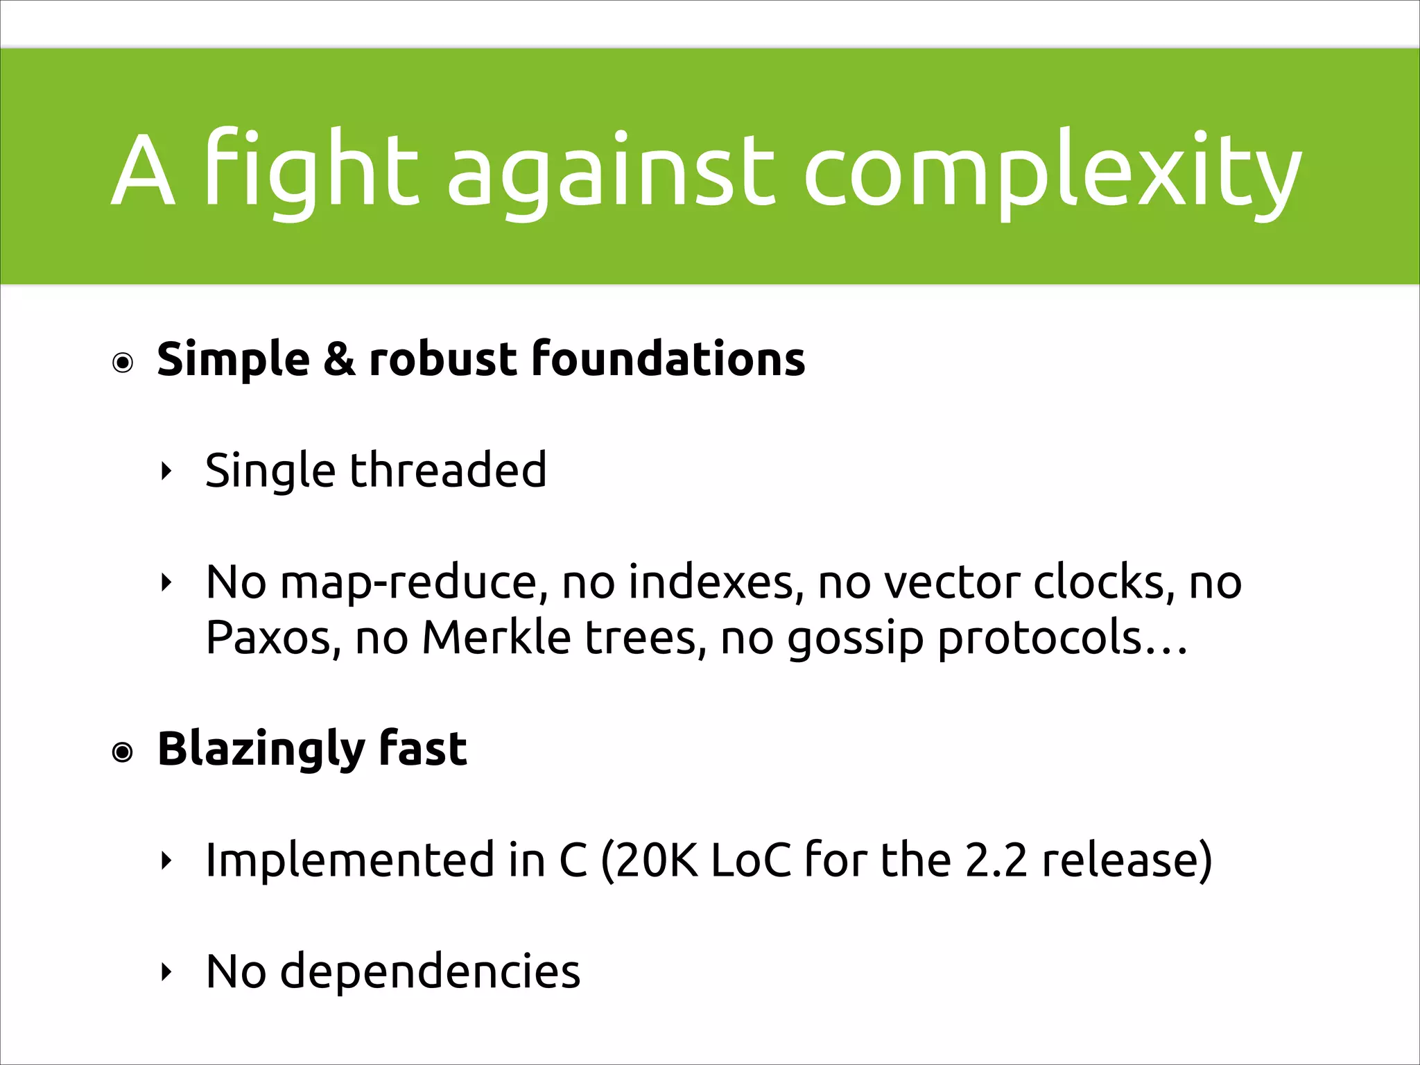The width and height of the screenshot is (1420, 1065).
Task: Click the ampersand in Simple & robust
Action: click(x=339, y=359)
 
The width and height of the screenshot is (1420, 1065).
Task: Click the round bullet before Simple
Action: click(x=123, y=363)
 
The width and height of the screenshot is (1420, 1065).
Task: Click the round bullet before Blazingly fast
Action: click(x=123, y=752)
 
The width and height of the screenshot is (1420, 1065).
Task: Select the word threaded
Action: click(x=448, y=470)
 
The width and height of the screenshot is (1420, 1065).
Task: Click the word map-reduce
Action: click(x=408, y=582)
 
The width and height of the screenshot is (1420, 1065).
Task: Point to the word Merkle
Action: click(x=496, y=637)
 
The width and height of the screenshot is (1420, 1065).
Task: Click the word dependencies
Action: click(x=430, y=971)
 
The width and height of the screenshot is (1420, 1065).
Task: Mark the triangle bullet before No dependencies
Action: click(x=165, y=972)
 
